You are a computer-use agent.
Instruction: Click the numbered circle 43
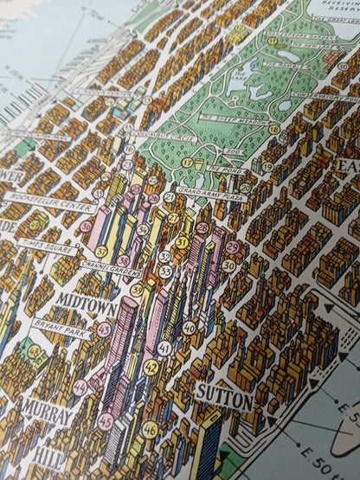coord(104,329)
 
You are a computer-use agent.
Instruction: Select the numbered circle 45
coord(106,421)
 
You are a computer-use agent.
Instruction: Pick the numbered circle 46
coord(150,427)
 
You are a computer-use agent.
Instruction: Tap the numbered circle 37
coord(101,251)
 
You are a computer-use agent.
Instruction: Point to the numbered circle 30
coord(228,266)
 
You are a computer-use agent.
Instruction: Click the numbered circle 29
coord(232,247)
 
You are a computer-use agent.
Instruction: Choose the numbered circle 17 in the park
coord(187,163)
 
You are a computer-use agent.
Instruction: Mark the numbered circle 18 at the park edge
coord(273,129)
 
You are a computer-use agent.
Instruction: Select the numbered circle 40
coord(189,328)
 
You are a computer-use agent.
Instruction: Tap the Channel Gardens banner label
coord(109,267)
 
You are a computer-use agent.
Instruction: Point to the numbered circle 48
coord(34,352)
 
